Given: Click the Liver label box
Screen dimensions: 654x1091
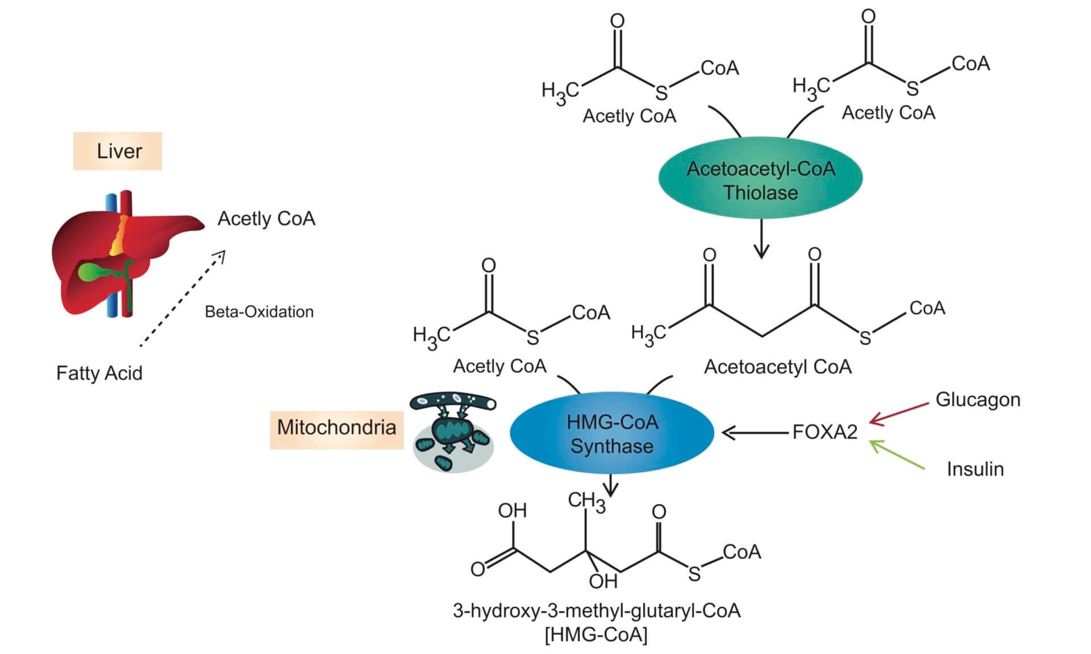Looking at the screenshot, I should click(x=118, y=151).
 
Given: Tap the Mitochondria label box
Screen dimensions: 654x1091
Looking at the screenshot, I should click(x=336, y=427).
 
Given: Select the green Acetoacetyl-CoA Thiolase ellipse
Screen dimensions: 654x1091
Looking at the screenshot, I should click(x=760, y=180).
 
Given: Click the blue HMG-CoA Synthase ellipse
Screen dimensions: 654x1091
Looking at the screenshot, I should click(x=612, y=434).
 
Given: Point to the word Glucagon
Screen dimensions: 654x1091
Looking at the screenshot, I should click(x=977, y=400).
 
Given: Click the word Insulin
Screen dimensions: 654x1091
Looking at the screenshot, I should click(x=975, y=469).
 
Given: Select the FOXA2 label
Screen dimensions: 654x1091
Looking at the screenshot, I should click(x=825, y=433).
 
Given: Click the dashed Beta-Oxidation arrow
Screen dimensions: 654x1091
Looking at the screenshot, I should click(x=182, y=300).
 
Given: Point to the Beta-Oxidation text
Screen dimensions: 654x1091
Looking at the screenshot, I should click(x=259, y=312).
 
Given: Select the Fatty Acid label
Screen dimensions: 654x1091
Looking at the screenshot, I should click(x=99, y=373).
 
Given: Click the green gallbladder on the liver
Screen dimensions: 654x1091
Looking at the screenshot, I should click(x=91, y=272).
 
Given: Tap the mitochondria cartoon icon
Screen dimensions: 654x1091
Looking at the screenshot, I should click(x=452, y=433).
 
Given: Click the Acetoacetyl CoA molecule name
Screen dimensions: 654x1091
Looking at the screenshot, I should click(x=777, y=367).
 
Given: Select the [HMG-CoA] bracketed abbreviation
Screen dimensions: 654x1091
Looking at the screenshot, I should click(x=596, y=634).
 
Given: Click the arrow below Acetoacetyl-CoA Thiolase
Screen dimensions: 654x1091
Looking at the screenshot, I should click(x=761, y=238).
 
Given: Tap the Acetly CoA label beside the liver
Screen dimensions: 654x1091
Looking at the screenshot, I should click(x=266, y=219).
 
